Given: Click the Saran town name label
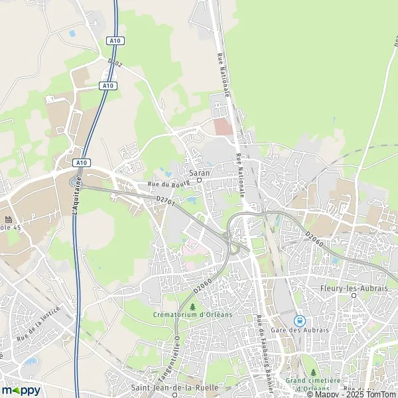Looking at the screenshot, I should click(x=200, y=172).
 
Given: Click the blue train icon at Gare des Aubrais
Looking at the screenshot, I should click(x=299, y=320).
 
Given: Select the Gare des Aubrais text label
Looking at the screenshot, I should click(x=298, y=331).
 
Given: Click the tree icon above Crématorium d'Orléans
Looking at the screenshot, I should click(x=193, y=306).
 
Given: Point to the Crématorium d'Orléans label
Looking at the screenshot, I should click(x=192, y=314).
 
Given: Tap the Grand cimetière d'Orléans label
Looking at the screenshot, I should click(x=312, y=384).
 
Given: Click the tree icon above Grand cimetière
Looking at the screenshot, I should click(x=313, y=373).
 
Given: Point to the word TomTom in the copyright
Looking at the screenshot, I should click(x=380, y=394).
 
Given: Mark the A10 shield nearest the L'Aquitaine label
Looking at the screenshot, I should click(x=81, y=163).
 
